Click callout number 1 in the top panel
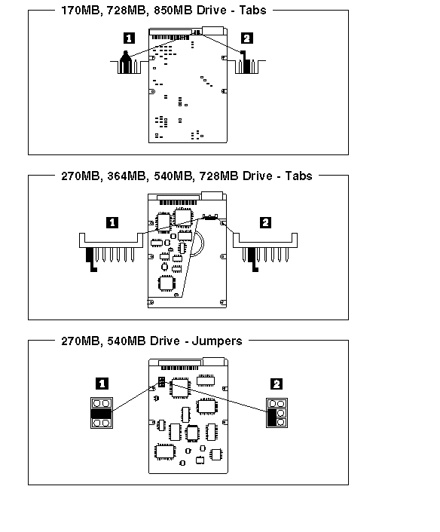coord(129,38)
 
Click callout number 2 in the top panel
coord(246,38)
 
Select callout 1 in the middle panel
coord(112,222)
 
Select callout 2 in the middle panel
coord(265,222)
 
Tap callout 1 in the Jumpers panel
coord(102,384)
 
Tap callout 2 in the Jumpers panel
coord(277,384)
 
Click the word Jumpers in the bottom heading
coord(217,341)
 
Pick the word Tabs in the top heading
coord(252,11)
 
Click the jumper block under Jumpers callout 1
coord(102,413)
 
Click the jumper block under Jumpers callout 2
coord(277,413)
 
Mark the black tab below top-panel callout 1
coord(126,62)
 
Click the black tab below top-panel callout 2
coord(246,63)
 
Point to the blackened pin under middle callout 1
coord(90,259)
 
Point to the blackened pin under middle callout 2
coord(252,259)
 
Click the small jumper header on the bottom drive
coord(161,382)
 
